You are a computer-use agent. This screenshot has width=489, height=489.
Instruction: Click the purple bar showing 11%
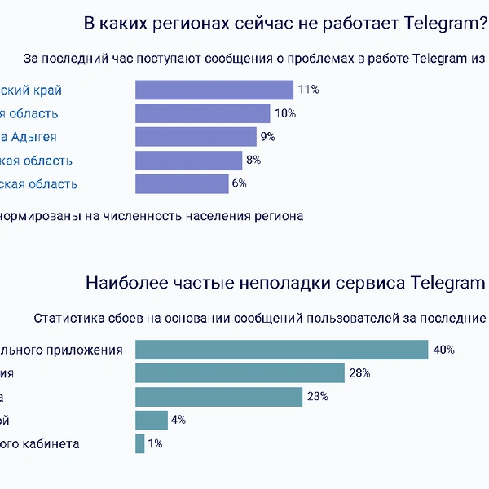tap(214, 90)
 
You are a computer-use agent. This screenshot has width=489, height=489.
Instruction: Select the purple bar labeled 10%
tap(202, 113)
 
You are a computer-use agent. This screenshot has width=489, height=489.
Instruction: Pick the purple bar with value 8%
tap(188, 161)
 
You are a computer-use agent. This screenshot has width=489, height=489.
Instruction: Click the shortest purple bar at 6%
tap(182, 184)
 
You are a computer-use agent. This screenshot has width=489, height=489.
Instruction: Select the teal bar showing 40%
tap(281, 350)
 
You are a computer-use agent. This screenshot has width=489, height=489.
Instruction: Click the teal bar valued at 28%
tap(240, 373)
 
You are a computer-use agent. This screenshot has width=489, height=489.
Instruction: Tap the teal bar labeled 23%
tap(218, 397)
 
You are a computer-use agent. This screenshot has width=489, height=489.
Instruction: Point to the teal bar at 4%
tap(151, 421)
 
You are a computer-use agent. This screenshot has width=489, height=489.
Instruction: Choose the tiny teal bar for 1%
tap(139, 444)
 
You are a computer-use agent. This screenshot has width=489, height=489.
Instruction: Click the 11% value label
tap(308, 90)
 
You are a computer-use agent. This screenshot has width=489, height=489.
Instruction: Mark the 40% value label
tap(443, 350)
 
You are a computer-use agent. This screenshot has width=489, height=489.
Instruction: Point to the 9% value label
tap(267, 137)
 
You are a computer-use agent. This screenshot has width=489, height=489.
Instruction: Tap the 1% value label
tap(155, 444)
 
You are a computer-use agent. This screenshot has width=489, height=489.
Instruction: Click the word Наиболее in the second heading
tap(118, 284)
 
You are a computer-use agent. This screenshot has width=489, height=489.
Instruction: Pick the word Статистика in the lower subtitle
tap(66, 318)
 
